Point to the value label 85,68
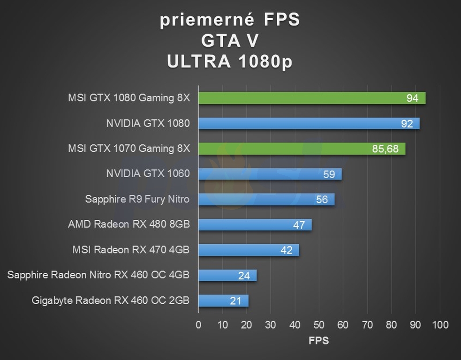pos(385,149)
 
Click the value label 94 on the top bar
pos(413,98)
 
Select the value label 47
pos(299,225)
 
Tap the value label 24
pos(244,276)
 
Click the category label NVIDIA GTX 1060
pos(148,174)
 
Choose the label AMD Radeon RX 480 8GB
pos(128,225)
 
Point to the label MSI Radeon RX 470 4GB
pos(131,250)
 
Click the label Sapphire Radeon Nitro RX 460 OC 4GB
pos(98,275)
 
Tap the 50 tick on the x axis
pos(319,325)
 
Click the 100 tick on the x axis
pos(439,325)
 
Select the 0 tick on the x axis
pos(198,325)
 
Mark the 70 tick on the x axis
pos(367,325)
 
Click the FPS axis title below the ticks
pos(319,341)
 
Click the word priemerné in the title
pos(207,20)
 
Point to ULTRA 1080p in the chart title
pos(230,61)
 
